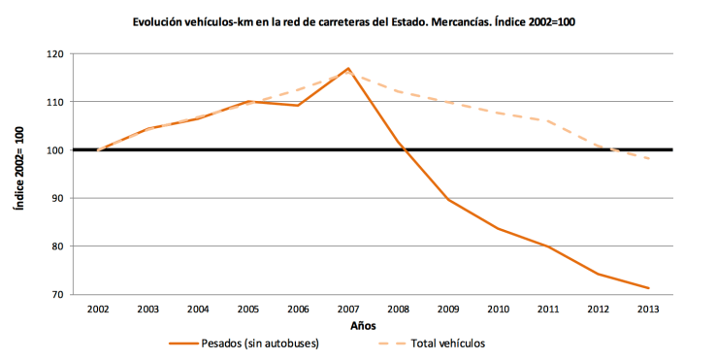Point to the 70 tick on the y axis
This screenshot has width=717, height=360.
point(53,294)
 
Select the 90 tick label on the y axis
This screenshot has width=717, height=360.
point(53,198)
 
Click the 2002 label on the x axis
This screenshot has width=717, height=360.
point(98,309)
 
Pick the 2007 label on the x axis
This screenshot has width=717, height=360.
point(347,309)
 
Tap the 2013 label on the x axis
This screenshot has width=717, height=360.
point(648,309)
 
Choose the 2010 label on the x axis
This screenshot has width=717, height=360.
point(498,309)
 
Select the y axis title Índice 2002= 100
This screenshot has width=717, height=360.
point(16,175)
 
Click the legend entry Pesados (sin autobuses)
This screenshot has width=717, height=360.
point(251,343)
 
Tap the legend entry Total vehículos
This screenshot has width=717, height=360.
point(447,343)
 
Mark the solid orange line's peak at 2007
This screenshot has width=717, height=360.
point(347,69)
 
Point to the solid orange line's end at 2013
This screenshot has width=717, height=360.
point(648,288)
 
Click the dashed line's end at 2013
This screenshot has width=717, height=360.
point(648,158)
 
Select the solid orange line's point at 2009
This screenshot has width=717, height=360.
point(448,199)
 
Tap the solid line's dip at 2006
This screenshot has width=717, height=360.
point(298,106)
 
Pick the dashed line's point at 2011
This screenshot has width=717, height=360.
point(548,121)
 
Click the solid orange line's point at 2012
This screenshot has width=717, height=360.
point(599,275)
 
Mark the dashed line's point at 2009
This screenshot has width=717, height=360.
point(448,102)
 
